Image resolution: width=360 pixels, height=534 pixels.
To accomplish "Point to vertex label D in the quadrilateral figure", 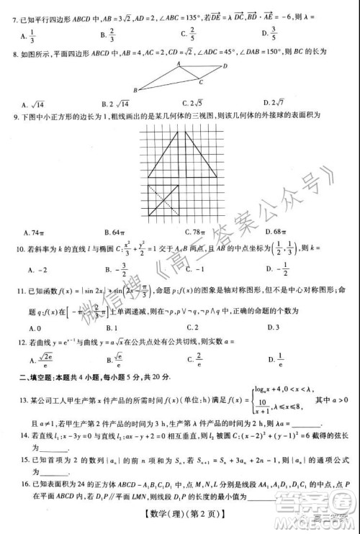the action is tap(226, 66).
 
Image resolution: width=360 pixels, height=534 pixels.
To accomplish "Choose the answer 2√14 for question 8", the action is tap(114, 102).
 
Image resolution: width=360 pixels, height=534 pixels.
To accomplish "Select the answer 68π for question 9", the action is tap(273, 232).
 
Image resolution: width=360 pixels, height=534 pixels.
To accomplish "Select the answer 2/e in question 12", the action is tap(194, 358).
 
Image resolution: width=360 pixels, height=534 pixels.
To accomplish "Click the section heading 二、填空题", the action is tap(36, 377).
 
